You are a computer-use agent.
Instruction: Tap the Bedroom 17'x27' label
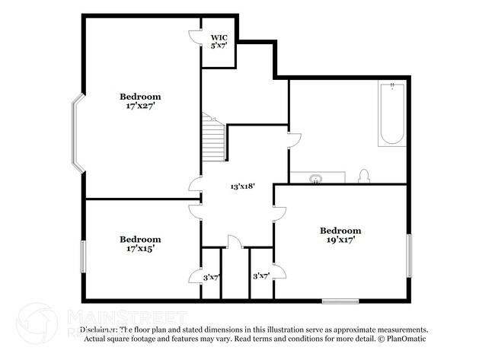click(140, 101)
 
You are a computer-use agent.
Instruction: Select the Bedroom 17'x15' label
click(140, 243)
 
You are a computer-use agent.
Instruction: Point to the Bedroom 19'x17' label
click(340, 234)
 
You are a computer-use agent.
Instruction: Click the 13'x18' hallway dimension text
click(241, 186)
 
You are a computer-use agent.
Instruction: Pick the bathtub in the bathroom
click(391, 114)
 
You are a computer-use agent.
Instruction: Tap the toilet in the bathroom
click(364, 177)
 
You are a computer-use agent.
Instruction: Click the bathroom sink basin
click(316, 178)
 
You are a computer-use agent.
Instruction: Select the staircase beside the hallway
click(214, 138)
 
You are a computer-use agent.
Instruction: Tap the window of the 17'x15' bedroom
click(83, 263)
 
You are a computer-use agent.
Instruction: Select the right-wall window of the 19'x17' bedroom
click(409, 256)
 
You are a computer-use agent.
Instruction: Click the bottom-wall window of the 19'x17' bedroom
click(340, 301)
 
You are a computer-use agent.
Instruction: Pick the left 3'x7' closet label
click(211, 276)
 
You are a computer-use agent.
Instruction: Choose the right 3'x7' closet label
click(260, 276)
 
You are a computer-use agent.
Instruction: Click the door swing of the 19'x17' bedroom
click(279, 214)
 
